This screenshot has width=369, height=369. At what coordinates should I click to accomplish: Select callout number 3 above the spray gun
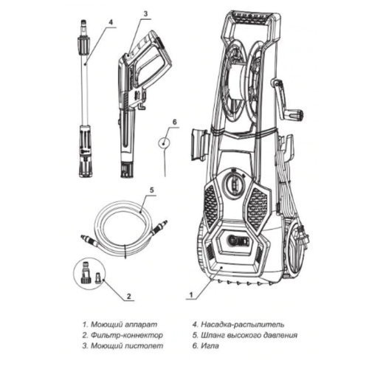point(145,13)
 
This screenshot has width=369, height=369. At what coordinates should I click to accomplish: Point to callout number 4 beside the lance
point(110,22)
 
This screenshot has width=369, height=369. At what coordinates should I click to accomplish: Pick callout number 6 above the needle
point(174,120)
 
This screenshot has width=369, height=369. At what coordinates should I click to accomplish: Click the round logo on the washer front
point(238,243)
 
